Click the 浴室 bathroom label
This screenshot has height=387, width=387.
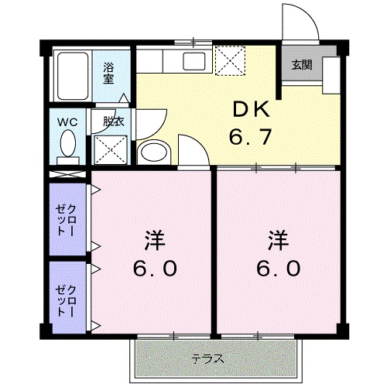tap(108, 72)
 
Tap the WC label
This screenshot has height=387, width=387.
tap(66, 121)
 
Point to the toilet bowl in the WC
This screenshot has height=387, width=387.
tap(68, 145)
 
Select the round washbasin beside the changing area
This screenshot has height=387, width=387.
tap(154, 151)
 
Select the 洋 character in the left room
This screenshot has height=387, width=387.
tap(153, 239)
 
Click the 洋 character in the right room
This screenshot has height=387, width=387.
tap(278, 239)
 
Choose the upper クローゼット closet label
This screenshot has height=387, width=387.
tap(67, 217)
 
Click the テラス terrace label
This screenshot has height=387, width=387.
tap(207, 358)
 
